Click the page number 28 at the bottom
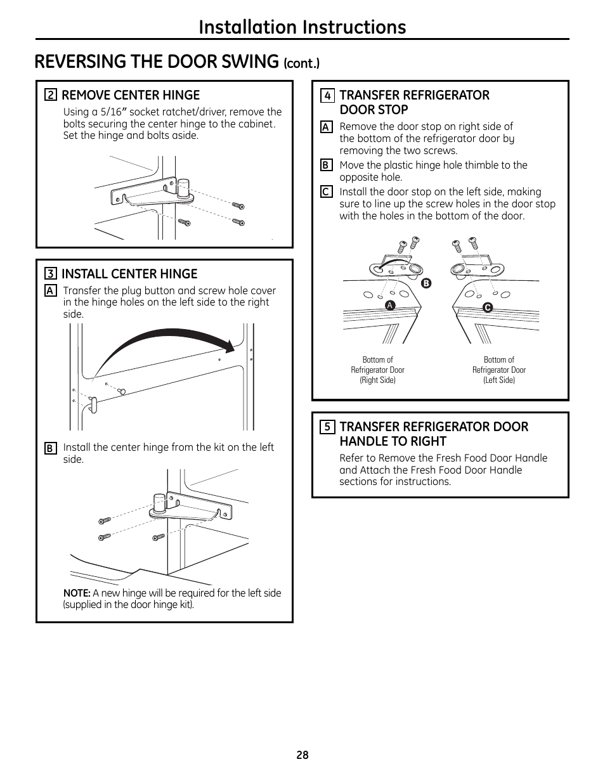pyautogui.click(x=302, y=755)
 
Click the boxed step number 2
pyautogui.click(x=50, y=96)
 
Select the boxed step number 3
pyautogui.click(x=50, y=274)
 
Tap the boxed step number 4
pyautogui.click(x=327, y=96)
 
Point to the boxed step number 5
pyautogui.click(x=327, y=427)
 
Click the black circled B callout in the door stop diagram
pyautogui.click(x=426, y=283)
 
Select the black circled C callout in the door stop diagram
pyautogui.click(x=488, y=307)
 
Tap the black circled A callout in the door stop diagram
pyautogui.click(x=391, y=306)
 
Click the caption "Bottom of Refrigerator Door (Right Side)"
pyautogui.click(x=377, y=370)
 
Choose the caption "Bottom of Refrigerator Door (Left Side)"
pyautogui.click(x=499, y=370)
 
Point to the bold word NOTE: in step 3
pyautogui.click(x=77, y=593)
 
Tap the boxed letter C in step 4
pyautogui.click(x=326, y=191)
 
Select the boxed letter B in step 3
pyautogui.click(x=50, y=448)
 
